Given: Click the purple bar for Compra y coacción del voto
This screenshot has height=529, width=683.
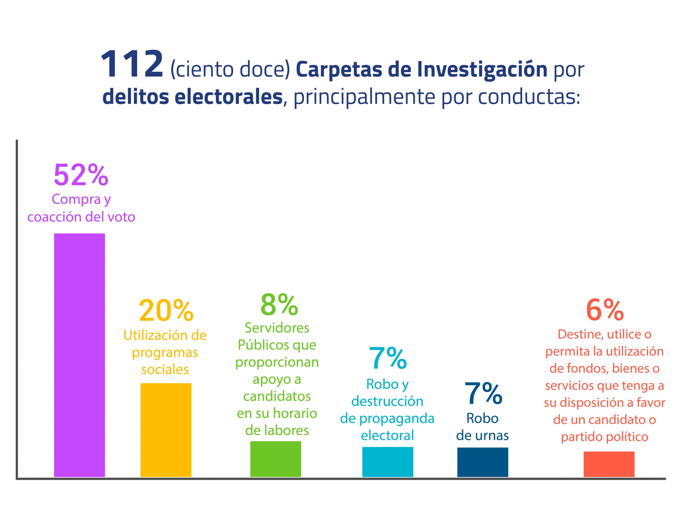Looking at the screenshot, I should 80,355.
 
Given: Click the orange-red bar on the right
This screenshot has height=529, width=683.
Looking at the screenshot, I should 609,464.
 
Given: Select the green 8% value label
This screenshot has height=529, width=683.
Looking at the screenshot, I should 279,304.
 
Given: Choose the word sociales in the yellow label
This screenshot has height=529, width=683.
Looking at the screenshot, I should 165,369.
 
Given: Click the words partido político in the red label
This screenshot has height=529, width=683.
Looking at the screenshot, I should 604,436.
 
